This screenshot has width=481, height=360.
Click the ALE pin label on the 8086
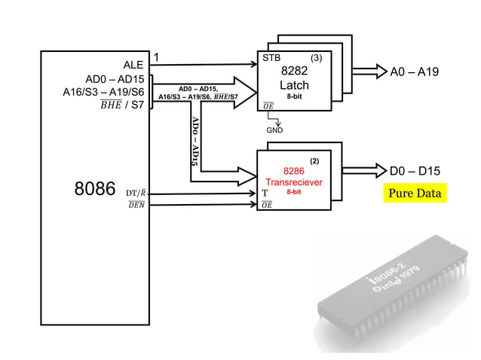point(133,66)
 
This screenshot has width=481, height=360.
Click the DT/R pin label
point(136,194)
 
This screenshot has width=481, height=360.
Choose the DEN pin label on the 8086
point(136,206)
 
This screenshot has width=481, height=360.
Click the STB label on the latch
point(271,57)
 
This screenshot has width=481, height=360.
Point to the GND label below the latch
point(274,130)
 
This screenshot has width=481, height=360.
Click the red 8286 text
point(293,171)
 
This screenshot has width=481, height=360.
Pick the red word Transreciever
point(293,182)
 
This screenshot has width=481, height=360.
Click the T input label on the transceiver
point(265,193)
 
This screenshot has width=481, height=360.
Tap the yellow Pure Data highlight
point(414,194)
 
